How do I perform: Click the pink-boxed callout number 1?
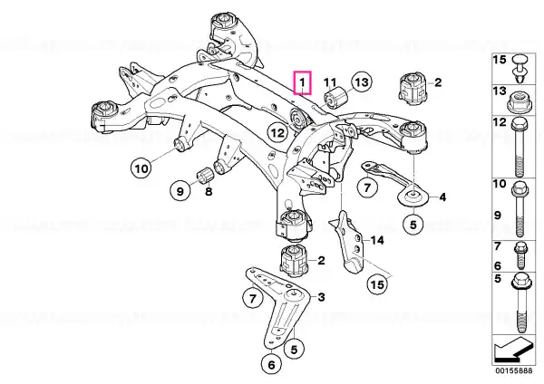coord(303,82)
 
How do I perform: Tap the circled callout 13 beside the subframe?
coord(362,82)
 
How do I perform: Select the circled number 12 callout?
coord(277,132)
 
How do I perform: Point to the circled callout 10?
coord(141,168)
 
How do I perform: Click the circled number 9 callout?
coord(180,191)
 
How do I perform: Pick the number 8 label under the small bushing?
coord(209,191)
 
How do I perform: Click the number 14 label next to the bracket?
coord(377,240)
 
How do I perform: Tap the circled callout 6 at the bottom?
coord(271,364)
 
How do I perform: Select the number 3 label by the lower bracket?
coord(321,297)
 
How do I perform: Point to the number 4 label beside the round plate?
coord(442,197)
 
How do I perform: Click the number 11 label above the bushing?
coord(330,82)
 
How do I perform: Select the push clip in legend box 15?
coord(520,68)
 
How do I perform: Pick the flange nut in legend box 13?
coord(519,101)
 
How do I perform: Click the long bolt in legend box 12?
coord(520,148)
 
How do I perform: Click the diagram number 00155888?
coord(513,370)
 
